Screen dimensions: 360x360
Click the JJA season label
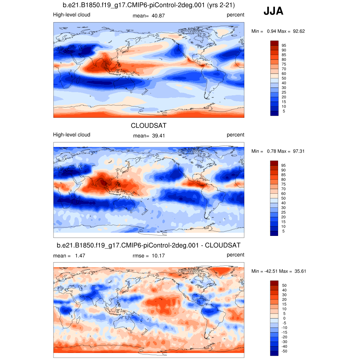[x=274, y=12]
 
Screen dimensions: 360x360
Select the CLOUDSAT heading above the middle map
[x=148, y=126]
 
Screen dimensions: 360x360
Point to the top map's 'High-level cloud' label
[x=71, y=15]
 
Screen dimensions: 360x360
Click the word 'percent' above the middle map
[x=235, y=135]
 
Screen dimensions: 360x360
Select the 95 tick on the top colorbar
[x=284, y=45]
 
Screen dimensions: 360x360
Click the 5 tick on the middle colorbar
[x=283, y=231]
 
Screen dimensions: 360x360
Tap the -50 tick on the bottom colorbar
[x=284, y=351]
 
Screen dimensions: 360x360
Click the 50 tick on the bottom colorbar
[x=284, y=285]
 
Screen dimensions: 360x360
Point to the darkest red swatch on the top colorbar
[x=274, y=43]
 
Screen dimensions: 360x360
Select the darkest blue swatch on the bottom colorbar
[x=274, y=353]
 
